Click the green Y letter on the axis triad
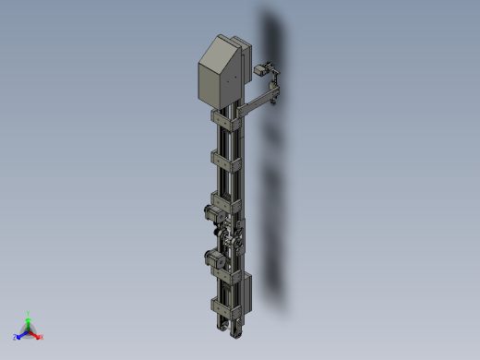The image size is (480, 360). tap(29, 314)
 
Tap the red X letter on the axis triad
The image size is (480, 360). tap(42, 337)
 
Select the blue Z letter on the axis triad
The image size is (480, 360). tap(16, 337)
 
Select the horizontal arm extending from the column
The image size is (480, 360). tap(258, 99)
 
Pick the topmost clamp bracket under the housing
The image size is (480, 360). tap(227, 120)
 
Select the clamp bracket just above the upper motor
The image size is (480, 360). tap(226, 198)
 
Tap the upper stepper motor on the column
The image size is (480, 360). tap(211, 215)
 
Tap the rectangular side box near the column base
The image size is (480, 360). tap(246, 292)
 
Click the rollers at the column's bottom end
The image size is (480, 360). tap(227, 324)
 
